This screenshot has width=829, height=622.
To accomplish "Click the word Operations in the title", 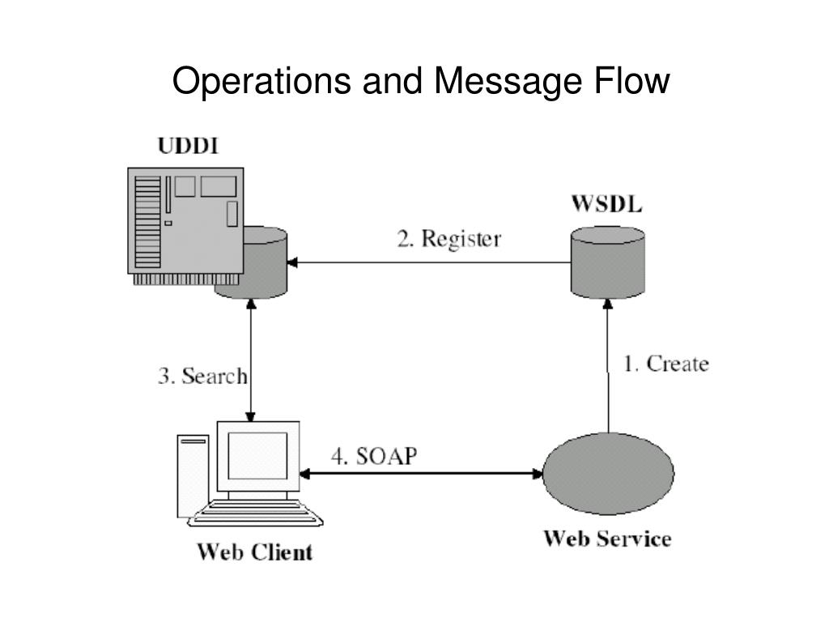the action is click(x=261, y=83).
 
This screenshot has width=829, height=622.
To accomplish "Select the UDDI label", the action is click(x=188, y=146).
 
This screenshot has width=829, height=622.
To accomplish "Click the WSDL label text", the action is click(x=607, y=203).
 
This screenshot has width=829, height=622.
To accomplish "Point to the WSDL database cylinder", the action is click(x=607, y=262).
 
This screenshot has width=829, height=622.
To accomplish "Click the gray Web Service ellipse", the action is click(x=609, y=473).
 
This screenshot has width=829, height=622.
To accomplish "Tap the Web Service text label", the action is click(x=607, y=539).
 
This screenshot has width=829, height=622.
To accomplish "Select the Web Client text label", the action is click(x=255, y=552).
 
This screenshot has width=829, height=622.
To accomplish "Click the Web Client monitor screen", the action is click(x=257, y=455).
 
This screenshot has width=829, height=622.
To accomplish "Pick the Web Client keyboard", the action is click(x=255, y=513).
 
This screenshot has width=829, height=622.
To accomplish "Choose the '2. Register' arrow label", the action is click(x=449, y=239).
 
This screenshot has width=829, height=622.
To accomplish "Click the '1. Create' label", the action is click(x=666, y=364).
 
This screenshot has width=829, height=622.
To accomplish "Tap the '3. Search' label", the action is click(x=202, y=376).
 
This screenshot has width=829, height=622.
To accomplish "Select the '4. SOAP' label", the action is click(x=374, y=456).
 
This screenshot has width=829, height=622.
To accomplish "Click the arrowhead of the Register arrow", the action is click(x=291, y=262).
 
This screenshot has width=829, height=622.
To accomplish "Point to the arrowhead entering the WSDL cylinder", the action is click(x=608, y=305).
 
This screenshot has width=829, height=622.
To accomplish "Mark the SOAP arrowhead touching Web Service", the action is click(x=538, y=473).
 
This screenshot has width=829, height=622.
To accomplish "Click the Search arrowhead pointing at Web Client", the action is click(x=251, y=416).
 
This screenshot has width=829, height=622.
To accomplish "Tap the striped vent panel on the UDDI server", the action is click(x=147, y=223).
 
